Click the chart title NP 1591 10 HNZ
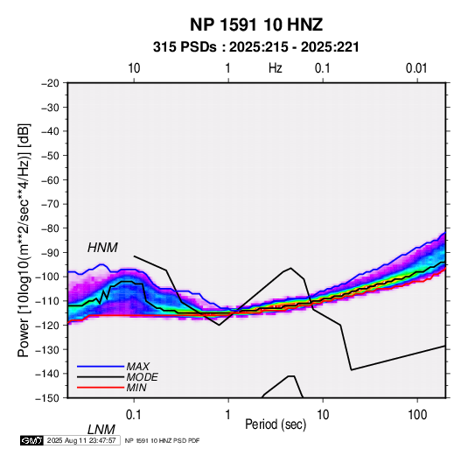coord(256,25)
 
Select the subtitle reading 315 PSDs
coord(185,47)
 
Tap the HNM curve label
coord(102,248)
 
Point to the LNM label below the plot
coord(101,430)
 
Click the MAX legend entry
coord(137,367)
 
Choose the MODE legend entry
coord(142,377)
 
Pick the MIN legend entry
coord(136,388)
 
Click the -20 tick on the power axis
coord(50,83)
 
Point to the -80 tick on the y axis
coord(50,228)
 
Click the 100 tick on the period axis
coord(417,415)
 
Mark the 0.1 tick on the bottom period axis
coord(134,415)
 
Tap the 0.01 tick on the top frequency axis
coord(416,68)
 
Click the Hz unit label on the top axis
coord(276,68)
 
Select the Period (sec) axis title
coord(276,424)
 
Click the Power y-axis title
coord(24,241)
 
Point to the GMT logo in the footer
coord(32,440)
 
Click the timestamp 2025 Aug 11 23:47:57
coord(81,440)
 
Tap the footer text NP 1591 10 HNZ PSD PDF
coord(162,440)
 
